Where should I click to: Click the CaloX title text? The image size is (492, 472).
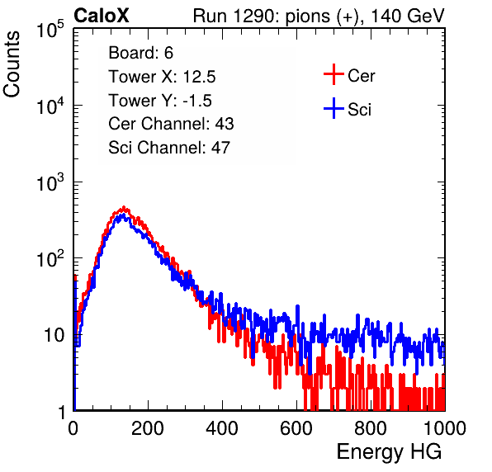pos(102,16)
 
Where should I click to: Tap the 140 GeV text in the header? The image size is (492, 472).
pos(408,16)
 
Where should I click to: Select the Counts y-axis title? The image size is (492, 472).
pos(12,64)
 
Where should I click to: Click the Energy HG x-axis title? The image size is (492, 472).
pos(389,452)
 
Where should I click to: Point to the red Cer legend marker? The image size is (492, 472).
pos(334,74)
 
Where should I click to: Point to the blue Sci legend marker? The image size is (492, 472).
pos(334,108)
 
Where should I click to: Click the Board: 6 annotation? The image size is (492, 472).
pos(140,53)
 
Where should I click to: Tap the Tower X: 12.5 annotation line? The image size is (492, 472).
pos(162,77)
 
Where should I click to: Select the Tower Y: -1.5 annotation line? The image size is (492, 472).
pos(160,101)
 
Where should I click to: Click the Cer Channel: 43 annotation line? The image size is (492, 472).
pos(171,124)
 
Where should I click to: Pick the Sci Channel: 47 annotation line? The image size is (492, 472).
pos(169,148)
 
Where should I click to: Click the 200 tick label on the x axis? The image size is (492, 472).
pos(148,428)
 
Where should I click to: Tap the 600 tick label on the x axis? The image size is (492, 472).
pos(296,428)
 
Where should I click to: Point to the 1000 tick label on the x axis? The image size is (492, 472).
pos(445,428)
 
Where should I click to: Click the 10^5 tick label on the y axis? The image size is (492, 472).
pos(50,29)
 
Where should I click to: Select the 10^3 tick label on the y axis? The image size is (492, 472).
pos(50,182)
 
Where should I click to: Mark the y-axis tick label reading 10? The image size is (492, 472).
pos(54,335)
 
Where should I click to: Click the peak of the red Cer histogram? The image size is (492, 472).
pos(124,207)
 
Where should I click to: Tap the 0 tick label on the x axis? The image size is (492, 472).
pos(73,428)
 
